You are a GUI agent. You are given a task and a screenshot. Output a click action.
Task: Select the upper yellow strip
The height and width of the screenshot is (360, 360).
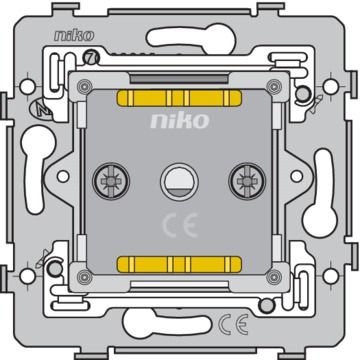180,100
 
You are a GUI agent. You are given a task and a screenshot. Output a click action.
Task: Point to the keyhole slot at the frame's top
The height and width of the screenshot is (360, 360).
180,38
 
